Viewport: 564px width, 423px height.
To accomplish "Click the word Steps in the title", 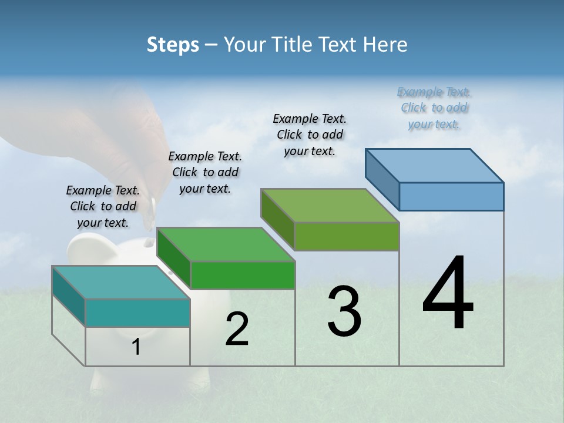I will (173, 45).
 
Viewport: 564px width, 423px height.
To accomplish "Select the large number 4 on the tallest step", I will (448, 294).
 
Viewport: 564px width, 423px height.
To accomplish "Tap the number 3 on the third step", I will (344, 311).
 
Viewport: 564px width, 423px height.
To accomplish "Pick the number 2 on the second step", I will (237, 330).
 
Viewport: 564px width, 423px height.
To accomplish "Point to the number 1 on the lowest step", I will (136, 347).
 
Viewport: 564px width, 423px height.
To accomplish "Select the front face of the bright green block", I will (243, 276).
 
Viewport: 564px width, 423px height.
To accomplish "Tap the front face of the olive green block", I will (347, 237).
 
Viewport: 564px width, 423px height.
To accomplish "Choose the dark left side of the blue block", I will (382, 179).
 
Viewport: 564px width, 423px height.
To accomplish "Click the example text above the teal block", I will (103, 207).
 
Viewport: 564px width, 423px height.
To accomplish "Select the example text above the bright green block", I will (205, 173).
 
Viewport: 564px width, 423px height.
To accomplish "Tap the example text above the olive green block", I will (310, 135).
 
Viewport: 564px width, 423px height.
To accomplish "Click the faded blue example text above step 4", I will (434, 108).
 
